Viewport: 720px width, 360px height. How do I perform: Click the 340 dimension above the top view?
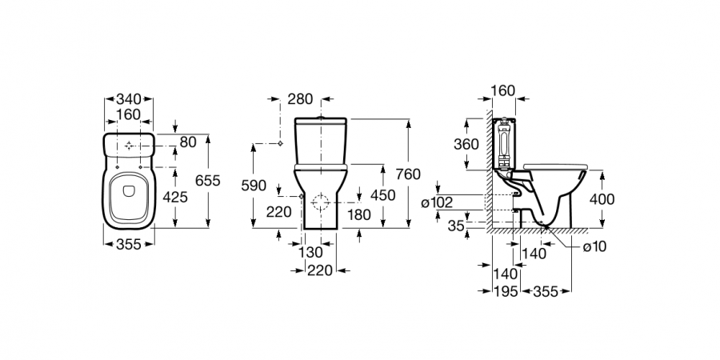(128, 99)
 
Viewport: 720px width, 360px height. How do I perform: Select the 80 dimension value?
(187, 143)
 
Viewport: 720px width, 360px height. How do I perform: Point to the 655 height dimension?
(207, 181)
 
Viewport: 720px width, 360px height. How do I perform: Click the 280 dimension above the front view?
(301, 99)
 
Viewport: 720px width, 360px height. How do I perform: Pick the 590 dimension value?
(254, 185)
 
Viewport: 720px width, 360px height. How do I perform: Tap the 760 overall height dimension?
(407, 174)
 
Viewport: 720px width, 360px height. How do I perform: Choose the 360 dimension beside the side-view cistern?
(467, 144)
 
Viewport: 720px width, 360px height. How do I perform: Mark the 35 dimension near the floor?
(456, 226)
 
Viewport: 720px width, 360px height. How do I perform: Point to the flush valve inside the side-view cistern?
(503, 142)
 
